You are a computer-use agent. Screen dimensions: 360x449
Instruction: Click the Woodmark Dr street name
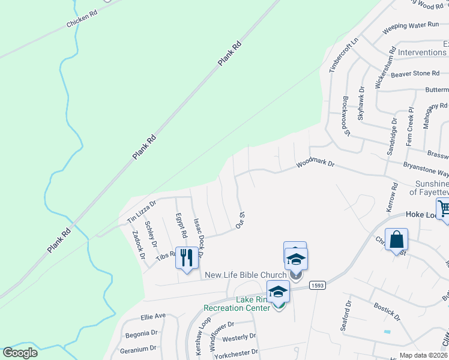point(314,163)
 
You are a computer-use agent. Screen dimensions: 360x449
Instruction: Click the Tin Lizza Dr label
point(141,212)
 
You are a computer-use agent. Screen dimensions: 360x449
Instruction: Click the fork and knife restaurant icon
point(187,257)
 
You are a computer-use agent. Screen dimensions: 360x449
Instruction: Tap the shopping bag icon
point(396,239)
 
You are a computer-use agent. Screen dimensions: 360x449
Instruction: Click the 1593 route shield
point(318,286)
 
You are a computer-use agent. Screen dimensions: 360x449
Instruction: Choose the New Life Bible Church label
point(246,275)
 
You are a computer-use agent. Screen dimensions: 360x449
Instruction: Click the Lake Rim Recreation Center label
point(237,304)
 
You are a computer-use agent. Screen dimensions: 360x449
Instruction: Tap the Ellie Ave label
point(152,316)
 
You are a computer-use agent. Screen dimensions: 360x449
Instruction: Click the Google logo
point(20,353)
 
